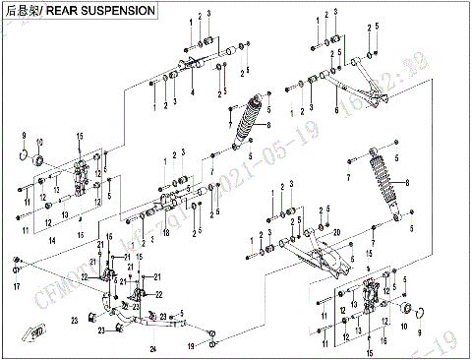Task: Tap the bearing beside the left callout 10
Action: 39,159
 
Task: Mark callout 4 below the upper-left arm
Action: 193,91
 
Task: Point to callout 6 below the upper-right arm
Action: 336,111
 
